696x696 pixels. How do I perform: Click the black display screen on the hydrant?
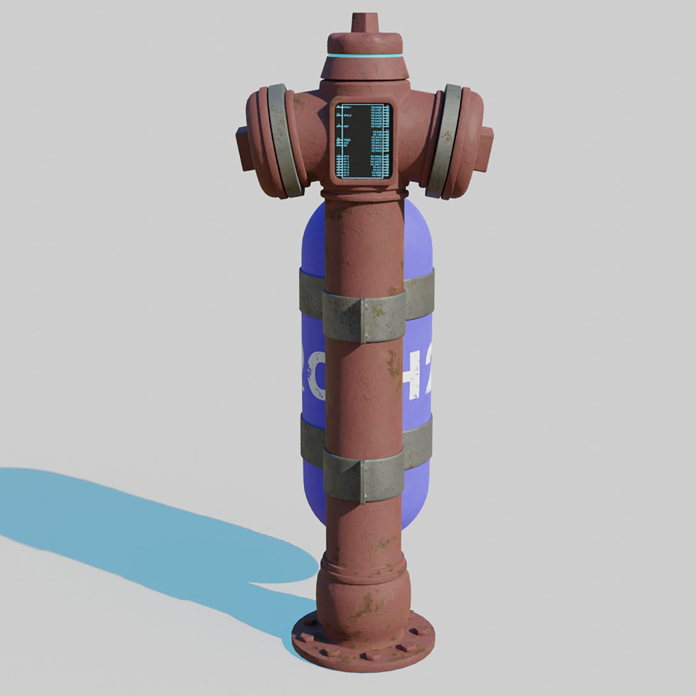pyautogui.click(x=363, y=141)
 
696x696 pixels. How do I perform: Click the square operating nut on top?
pyautogui.click(x=365, y=23)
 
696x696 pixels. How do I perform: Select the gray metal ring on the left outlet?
pyautogui.click(x=285, y=141)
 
